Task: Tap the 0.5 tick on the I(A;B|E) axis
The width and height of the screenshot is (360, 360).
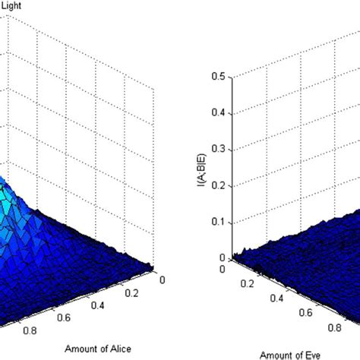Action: [219, 76]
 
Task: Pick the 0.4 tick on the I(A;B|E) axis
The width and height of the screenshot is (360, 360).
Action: [219, 112]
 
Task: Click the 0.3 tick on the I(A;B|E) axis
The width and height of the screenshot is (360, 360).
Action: [219, 149]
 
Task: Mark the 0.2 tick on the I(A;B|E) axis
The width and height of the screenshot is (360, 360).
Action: [219, 185]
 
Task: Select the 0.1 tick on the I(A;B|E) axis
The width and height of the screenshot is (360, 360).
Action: [219, 222]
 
